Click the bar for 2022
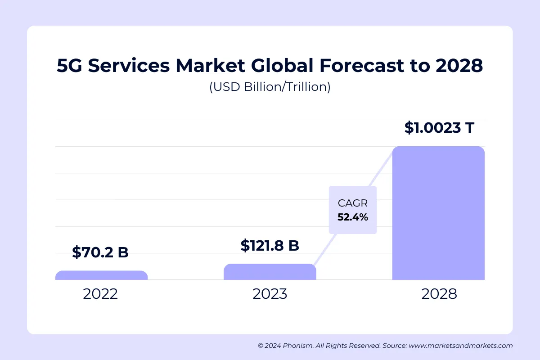(101, 275)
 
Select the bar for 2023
(270, 272)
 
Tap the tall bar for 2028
(438, 213)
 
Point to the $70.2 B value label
(100, 252)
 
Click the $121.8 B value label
(270, 246)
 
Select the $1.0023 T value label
(439, 128)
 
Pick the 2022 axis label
(100, 294)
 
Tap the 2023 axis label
(270, 294)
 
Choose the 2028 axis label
(439, 294)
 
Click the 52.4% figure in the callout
(353, 217)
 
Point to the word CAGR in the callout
(353, 203)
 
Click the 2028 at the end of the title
(459, 66)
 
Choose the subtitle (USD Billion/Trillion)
(270, 87)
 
